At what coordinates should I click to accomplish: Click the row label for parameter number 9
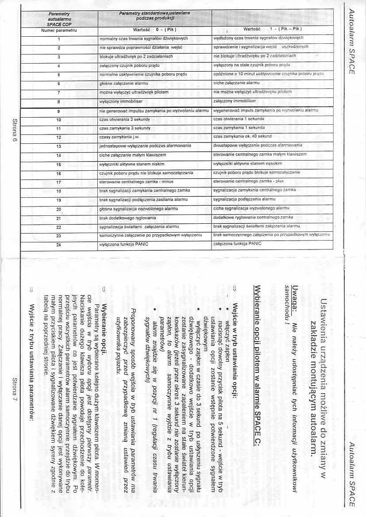point(58,111)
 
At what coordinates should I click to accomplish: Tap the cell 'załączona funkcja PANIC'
point(237,244)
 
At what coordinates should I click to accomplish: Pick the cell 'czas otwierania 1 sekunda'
point(239,119)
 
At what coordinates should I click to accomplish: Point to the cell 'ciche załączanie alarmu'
point(236,83)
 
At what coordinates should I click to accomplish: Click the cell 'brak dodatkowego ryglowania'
point(125,218)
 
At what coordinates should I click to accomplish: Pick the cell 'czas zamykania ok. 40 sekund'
point(242,137)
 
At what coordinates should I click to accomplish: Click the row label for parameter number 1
point(58,39)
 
